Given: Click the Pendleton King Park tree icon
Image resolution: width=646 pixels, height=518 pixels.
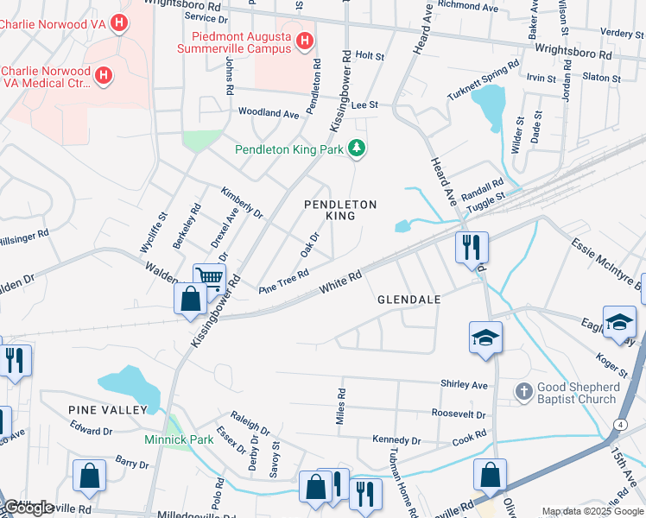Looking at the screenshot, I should tap(357, 149).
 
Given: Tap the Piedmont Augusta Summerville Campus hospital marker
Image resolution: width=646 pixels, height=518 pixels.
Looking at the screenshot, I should tap(304, 41).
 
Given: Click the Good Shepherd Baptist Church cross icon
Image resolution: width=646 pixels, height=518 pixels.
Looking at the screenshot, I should tap(523, 392).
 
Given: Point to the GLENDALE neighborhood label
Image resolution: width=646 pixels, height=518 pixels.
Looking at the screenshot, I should tap(409, 300).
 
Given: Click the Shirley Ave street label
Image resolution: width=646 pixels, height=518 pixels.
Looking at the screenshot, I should tap(465, 385).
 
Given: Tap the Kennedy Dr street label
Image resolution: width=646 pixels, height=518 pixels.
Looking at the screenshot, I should tap(396, 440).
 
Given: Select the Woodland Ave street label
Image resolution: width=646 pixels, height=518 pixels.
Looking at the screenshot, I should tap(269, 113).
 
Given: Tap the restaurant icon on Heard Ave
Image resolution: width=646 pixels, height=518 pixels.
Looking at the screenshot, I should tap(472, 247).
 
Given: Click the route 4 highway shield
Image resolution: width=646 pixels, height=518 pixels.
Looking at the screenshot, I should tap(620, 425).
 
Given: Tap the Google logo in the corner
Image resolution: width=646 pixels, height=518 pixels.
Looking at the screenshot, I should tap(28, 508).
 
